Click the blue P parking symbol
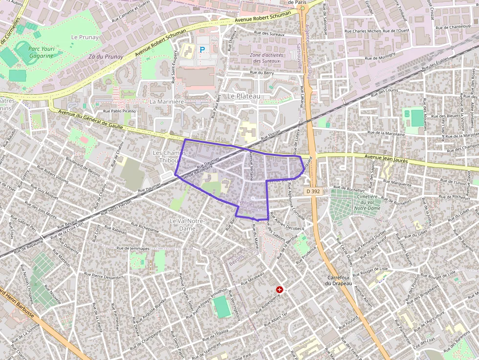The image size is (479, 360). (x=202, y=49)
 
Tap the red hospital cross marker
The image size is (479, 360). (x=280, y=290)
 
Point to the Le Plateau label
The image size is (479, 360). (x=244, y=96)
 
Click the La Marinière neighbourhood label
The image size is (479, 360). (x=167, y=102)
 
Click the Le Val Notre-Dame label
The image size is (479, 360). (x=186, y=225)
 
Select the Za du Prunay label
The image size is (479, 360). (x=106, y=57)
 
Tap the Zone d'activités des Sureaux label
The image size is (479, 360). (x=267, y=58)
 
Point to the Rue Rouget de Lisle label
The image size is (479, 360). (x=373, y=270)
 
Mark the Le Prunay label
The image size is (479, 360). (x=85, y=37)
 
